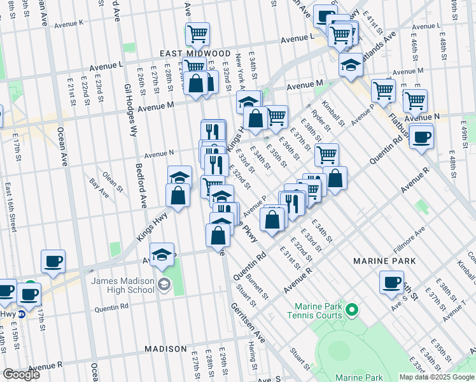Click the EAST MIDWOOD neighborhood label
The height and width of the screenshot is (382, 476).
(195, 53)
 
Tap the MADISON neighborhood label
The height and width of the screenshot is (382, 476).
(165, 349)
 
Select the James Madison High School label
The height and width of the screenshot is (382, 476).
(123, 285)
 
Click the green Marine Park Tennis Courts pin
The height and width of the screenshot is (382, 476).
(351, 310)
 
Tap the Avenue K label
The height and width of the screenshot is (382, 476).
(69, 24)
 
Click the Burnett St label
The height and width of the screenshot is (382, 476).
(257, 286)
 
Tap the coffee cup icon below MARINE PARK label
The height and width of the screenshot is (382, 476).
(391, 282)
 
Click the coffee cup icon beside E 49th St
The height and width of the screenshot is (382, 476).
(421, 136)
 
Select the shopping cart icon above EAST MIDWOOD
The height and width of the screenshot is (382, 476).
(197, 33)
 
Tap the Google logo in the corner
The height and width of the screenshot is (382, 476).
(21, 374)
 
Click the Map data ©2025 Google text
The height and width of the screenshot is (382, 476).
(437, 377)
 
